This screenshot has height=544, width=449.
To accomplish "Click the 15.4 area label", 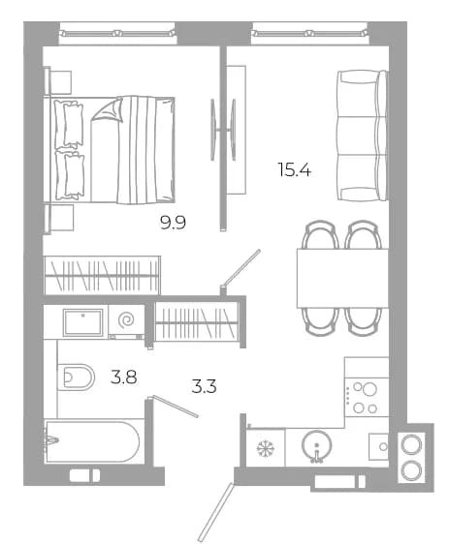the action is [x=294, y=169].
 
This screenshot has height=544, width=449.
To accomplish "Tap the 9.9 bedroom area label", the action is [x=173, y=223].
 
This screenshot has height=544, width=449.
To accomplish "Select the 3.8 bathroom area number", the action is [x=124, y=378].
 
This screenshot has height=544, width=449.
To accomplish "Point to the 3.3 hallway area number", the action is [x=205, y=386].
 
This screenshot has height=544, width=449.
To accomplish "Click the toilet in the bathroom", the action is [x=76, y=378].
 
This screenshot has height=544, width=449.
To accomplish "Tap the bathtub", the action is [x=92, y=441].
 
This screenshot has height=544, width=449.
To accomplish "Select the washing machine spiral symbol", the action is [x=126, y=319].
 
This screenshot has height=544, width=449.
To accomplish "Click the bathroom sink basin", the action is [x=82, y=322].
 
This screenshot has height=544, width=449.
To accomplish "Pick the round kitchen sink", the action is [x=316, y=445].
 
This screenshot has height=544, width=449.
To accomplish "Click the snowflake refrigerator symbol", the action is [x=266, y=448].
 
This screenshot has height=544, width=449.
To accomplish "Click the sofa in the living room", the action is [x=363, y=136].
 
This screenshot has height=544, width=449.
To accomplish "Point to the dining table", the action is [x=342, y=278].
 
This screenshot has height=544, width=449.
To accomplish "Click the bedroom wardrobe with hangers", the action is [x=103, y=276].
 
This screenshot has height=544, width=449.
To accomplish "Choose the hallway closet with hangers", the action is [x=196, y=322].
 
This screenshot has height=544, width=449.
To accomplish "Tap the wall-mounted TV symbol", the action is [x=223, y=130].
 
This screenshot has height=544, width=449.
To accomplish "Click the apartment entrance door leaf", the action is [x=214, y=512].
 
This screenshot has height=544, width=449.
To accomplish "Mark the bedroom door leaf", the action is [x=241, y=267].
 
